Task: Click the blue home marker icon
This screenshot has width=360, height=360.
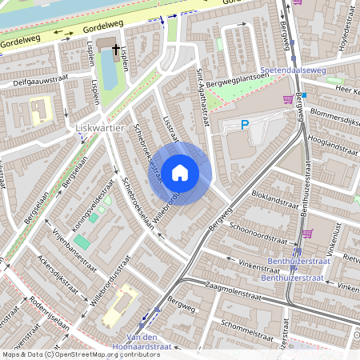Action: [180, 172]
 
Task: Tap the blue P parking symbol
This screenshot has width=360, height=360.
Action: [246, 125]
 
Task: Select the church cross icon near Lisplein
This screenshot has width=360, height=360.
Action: [115, 50]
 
